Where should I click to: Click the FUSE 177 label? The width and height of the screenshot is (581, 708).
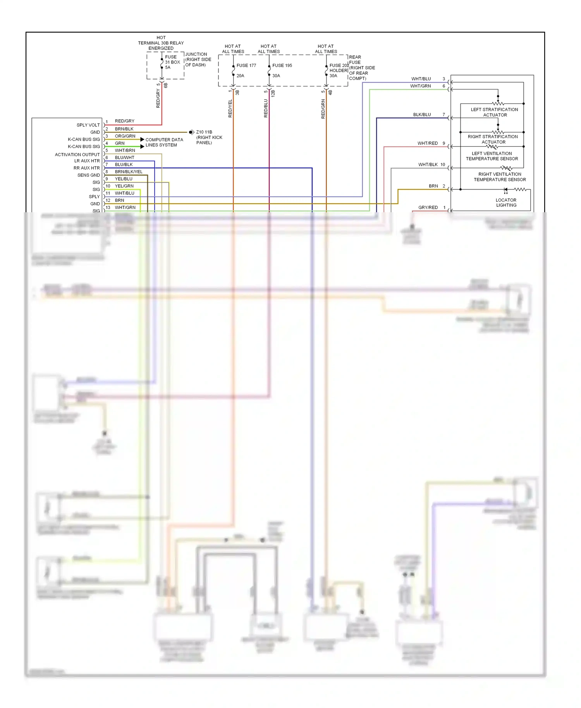pos(246,65)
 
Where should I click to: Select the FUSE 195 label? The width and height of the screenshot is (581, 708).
pos(282,65)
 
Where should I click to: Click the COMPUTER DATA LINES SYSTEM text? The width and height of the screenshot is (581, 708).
pos(164,142)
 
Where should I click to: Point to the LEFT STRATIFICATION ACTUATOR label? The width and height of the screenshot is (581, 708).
pos(494,112)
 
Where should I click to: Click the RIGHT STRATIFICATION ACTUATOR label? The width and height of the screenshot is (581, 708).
pos(493,139)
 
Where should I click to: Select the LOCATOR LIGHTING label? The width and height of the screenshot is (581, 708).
pos(506,203)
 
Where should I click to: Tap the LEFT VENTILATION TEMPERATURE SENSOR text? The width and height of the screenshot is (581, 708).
pos(492,156)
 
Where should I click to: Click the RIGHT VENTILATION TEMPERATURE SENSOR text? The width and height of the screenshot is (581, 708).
pos(500,177)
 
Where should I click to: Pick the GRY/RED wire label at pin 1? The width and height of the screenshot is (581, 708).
pos(428,208)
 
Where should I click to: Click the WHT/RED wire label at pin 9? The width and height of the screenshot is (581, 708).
pos(427,143)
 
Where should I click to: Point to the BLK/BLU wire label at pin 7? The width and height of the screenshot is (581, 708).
pos(421,115)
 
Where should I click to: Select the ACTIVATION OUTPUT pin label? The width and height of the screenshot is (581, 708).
pos(77,155)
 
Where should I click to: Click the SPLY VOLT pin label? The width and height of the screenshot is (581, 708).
pos(88,125)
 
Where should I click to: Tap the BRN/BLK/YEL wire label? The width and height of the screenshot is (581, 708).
pos(129,172)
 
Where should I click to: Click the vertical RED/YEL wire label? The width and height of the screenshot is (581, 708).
pos(230,108)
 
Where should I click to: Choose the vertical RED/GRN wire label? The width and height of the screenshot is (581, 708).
pos(323,109)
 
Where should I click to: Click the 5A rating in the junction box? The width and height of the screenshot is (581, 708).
pos(168,67)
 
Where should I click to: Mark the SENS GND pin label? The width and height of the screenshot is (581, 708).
pos(88,175)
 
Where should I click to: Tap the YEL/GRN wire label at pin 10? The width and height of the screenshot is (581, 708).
pos(124,186)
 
